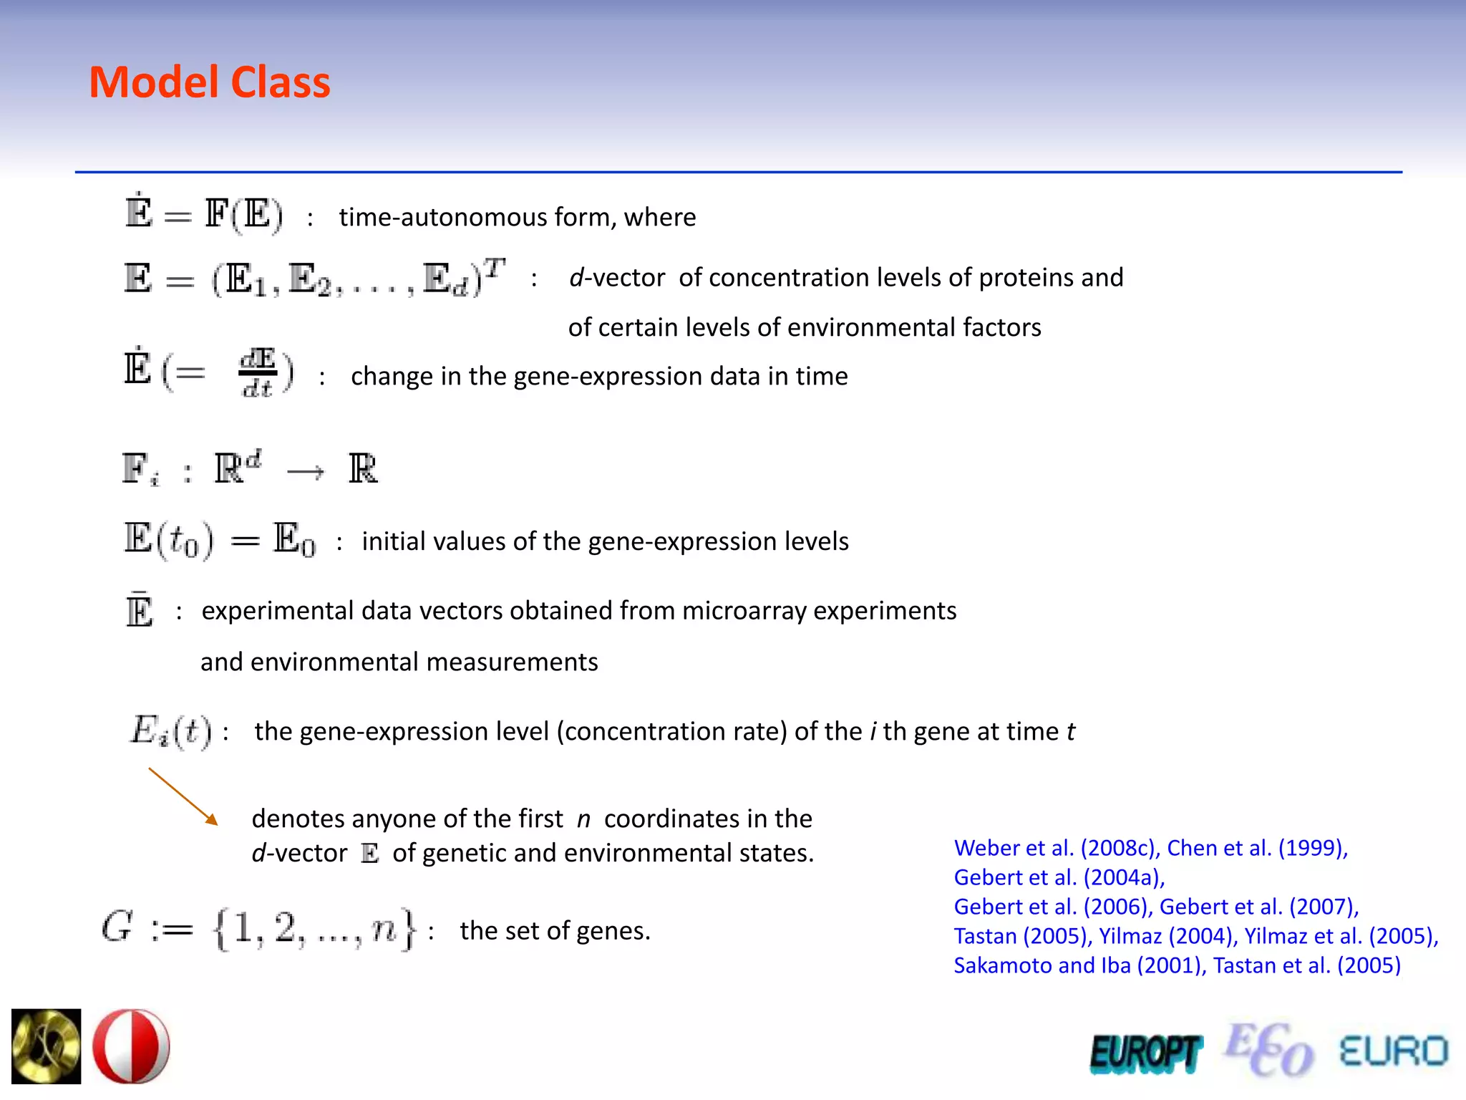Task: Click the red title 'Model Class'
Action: [x=209, y=82]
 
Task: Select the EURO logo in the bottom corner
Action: [x=1393, y=1051]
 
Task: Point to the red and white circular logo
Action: [x=132, y=1046]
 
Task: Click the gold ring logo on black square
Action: [x=47, y=1046]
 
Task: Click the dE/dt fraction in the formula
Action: [x=258, y=372]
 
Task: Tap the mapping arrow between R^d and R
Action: [x=305, y=471]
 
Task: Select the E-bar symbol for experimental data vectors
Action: [x=139, y=610]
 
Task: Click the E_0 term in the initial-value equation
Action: [x=294, y=540]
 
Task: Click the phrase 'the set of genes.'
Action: [x=555, y=930]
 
